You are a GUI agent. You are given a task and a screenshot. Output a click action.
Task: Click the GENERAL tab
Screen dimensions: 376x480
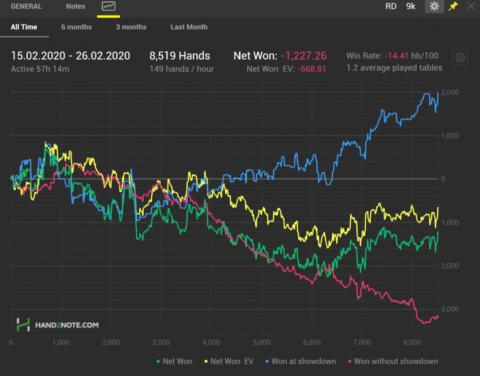click(x=26, y=6)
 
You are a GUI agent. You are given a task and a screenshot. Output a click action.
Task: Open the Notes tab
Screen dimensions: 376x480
click(x=75, y=6)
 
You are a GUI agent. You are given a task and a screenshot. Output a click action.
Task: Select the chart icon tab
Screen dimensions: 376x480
click(x=109, y=6)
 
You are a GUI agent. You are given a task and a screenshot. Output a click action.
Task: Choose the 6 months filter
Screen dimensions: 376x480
click(x=77, y=27)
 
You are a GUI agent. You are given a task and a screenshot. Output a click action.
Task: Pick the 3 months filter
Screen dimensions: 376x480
click(x=131, y=27)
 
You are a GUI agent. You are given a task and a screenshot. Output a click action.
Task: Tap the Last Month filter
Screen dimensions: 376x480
click(x=189, y=27)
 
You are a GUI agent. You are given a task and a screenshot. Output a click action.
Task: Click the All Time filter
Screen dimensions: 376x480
click(x=24, y=27)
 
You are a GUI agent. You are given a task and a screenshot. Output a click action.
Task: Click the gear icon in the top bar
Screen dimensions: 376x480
click(x=434, y=6)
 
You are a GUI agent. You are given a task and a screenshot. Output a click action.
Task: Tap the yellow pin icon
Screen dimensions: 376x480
click(x=453, y=6)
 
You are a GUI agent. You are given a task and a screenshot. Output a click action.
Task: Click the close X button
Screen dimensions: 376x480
click(x=471, y=6)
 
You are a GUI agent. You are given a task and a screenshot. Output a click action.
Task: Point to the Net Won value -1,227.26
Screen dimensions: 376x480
click(x=304, y=56)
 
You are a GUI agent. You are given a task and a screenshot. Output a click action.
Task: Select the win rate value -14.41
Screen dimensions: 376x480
click(x=397, y=56)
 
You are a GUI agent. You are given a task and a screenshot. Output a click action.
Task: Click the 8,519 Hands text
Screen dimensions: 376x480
click(x=180, y=56)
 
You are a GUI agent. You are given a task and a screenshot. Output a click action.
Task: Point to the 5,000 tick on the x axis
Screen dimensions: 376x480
click(x=262, y=343)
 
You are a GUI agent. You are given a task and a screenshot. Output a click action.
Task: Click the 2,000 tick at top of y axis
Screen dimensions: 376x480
click(x=451, y=93)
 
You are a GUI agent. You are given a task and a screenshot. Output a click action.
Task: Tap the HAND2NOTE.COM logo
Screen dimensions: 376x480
click(x=58, y=325)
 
